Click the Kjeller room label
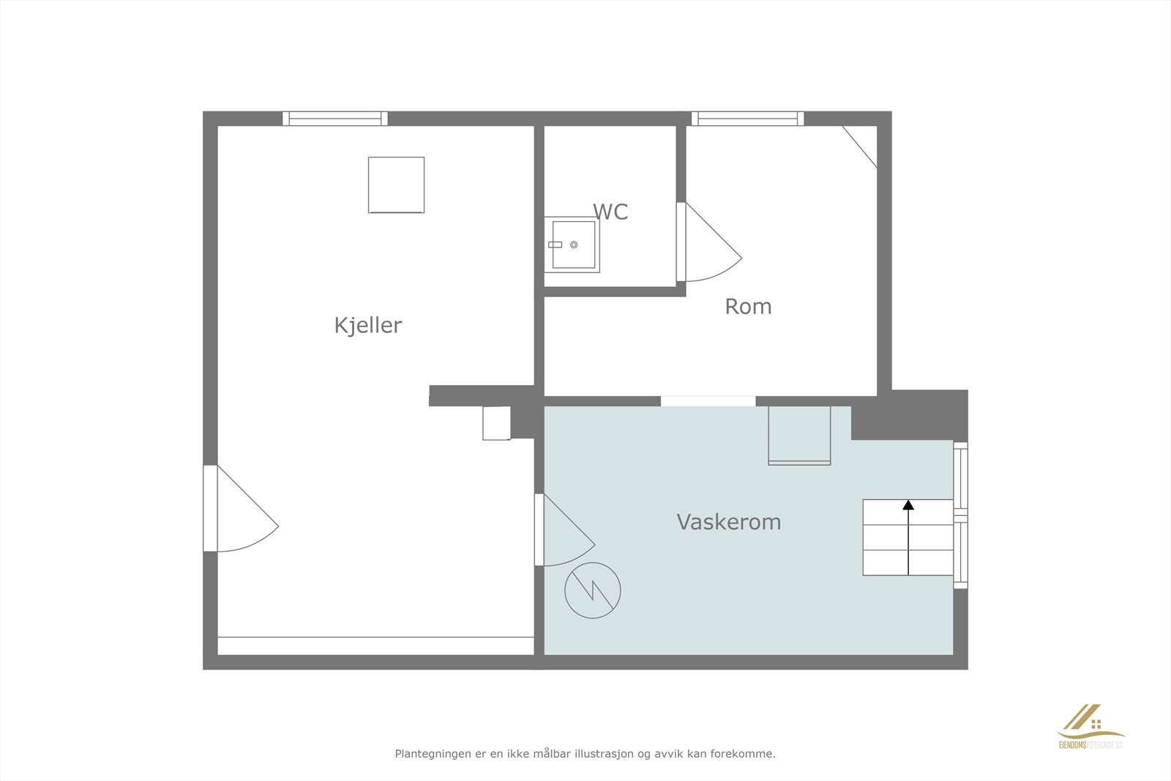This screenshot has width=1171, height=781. [368, 325]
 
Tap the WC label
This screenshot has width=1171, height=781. [610, 212]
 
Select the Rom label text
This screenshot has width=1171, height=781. [748, 307]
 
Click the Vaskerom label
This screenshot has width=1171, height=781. [728, 522]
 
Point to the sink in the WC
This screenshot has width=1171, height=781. [572, 244]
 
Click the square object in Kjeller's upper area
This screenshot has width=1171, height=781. [396, 184]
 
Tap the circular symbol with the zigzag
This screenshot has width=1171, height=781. [593, 591]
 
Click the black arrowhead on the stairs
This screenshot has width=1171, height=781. [908, 504]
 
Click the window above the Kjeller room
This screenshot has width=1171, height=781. [335, 119]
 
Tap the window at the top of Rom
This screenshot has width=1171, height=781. [747, 119]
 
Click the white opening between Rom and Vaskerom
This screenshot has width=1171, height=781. [708, 401]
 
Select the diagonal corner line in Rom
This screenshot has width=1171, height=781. [859, 146]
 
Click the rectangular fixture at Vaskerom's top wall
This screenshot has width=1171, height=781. [799, 436]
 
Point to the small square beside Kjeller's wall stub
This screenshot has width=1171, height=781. [496, 423]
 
